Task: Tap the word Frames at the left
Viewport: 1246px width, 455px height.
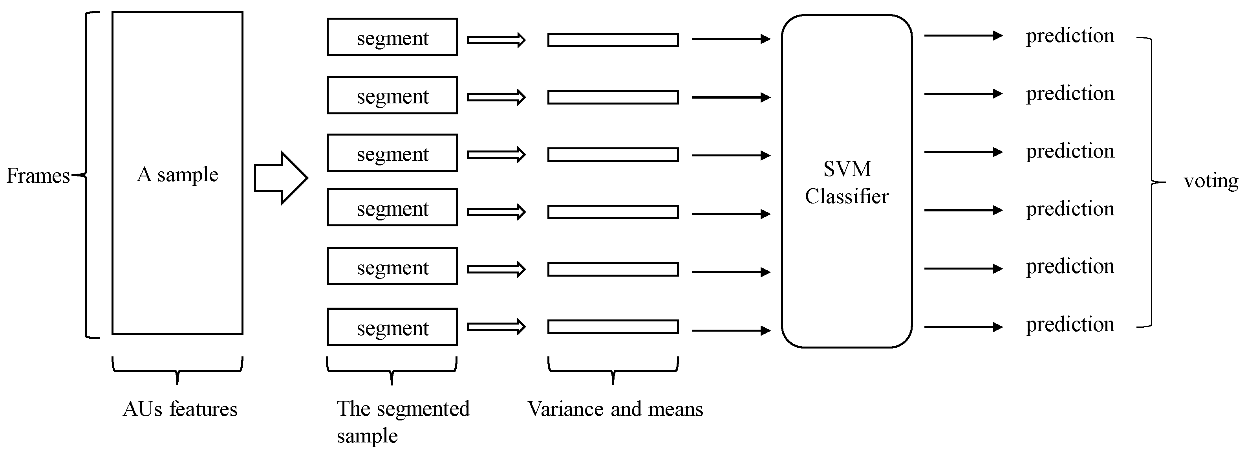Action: pos(38,176)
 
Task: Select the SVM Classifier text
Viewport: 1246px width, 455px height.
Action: pos(847,182)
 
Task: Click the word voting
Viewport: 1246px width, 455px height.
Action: pos(1211,181)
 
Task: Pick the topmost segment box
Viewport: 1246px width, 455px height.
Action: pos(392,37)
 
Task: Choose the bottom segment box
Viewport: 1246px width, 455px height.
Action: pos(392,327)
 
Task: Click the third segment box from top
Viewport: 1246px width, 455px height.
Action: pos(392,153)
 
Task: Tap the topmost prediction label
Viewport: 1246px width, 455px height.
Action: pos(1070,36)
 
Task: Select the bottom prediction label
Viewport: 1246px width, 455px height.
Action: pos(1070,324)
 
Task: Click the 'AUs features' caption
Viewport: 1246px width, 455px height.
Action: pos(180,409)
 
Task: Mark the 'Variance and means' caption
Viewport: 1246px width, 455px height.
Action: pos(615,409)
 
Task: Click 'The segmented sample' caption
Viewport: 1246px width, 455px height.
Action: pos(403,422)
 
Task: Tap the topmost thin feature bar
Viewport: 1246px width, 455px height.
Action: pos(613,40)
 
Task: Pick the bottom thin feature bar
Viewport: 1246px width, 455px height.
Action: pos(613,327)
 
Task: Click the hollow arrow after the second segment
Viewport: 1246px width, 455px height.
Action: pos(496,97)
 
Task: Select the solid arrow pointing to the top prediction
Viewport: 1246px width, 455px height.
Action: pos(962,35)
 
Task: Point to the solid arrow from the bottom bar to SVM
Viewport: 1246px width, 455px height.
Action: pos(730,330)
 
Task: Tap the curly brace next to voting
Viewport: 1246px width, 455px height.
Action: pos(1152,182)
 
